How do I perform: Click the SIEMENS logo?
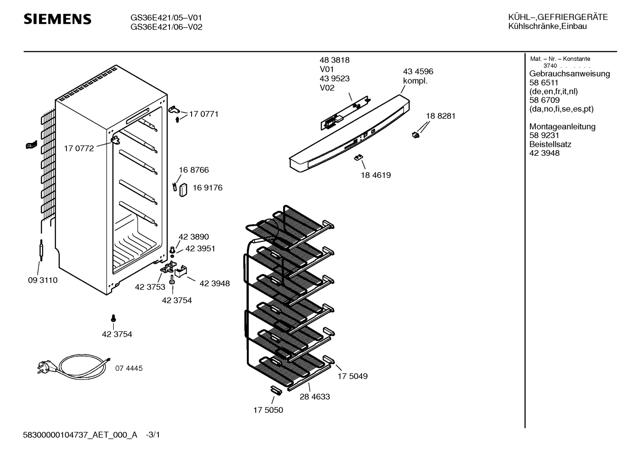point(57,19)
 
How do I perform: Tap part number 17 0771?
point(204,114)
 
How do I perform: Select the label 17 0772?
point(79,149)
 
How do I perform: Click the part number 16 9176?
point(207,188)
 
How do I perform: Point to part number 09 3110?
point(42,280)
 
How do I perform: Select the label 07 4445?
point(129,368)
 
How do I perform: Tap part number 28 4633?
point(315,397)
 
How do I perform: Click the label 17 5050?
point(268,410)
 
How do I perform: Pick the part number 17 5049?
point(352,376)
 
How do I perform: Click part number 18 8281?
point(440,116)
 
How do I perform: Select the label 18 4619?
point(376,175)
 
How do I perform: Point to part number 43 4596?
point(418,72)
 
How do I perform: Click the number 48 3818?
point(334,60)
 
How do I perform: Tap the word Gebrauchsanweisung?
point(569,74)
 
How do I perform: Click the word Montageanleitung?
point(562,127)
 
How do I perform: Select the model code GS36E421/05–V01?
point(166,18)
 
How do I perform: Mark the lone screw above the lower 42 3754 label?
point(113,318)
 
